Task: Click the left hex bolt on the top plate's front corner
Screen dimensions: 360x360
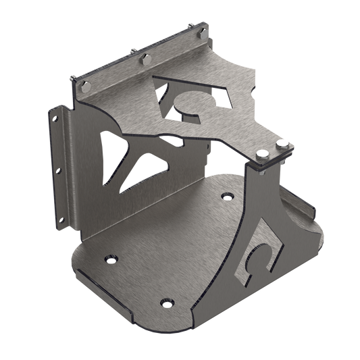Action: (x=260, y=153)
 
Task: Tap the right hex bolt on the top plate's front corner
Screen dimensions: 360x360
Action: (x=282, y=144)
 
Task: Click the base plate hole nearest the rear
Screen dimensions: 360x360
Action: (x=225, y=197)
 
